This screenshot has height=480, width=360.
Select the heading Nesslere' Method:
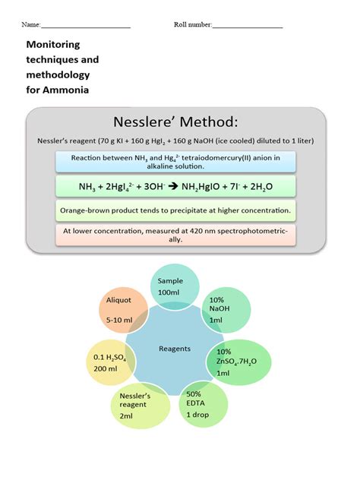click(x=175, y=122)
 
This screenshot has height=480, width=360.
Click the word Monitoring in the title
click(x=53, y=45)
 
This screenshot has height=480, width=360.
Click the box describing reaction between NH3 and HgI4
click(x=175, y=161)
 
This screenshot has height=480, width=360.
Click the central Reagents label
click(x=175, y=349)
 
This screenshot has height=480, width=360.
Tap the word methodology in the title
click(x=58, y=75)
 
